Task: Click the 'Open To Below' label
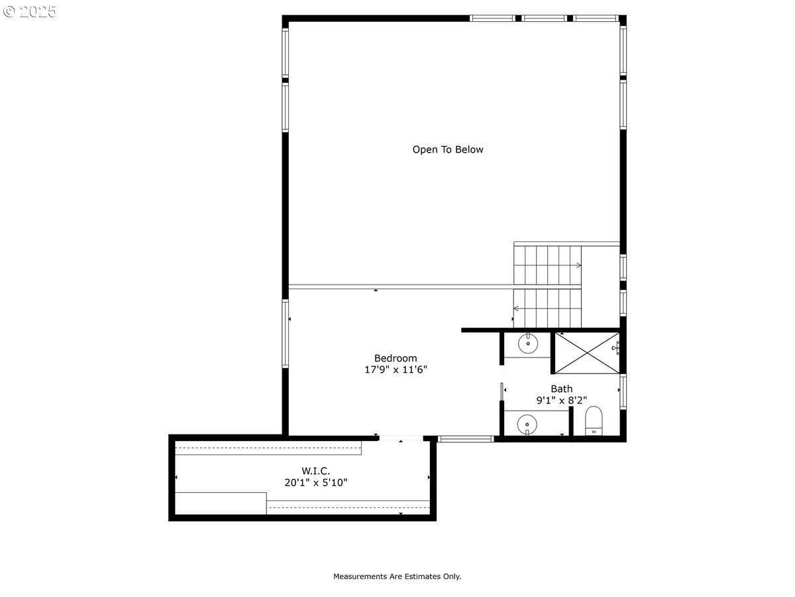coord(448,150)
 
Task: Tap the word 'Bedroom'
coord(396,358)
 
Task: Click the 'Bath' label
coord(561,389)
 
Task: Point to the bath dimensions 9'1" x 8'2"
coord(561,400)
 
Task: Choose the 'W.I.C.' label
coord(316,471)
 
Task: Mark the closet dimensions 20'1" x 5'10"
coord(316,483)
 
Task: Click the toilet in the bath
coord(594,421)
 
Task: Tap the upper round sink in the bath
coord(528,344)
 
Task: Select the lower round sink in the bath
coord(527,423)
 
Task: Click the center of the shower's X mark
coord(586,353)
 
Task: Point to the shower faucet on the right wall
coord(616,346)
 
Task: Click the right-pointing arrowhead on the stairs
coord(578,265)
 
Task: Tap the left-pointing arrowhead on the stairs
coord(517,308)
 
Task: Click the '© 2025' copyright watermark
coord(30,12)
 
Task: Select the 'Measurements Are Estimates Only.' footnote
coord(397,576)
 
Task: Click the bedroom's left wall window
coord(286,333)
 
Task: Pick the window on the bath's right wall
coord(623,391)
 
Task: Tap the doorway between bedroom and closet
coord(401,438)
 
